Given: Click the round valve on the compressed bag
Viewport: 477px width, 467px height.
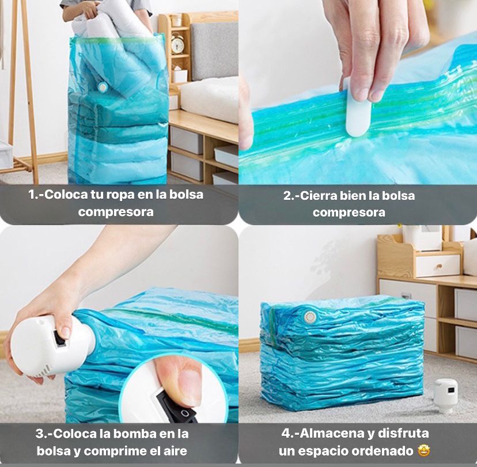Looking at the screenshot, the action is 310,317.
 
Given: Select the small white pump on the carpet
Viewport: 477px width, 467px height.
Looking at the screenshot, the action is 445,395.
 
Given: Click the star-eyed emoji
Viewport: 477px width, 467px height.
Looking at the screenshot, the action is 423,450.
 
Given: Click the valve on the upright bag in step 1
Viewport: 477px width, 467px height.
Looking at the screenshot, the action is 103,88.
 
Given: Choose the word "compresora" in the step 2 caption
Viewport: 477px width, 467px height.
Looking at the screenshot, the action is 349,212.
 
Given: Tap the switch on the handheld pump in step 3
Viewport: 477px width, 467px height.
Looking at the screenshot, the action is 59,339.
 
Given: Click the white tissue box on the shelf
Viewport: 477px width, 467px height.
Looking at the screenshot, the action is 180,75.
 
